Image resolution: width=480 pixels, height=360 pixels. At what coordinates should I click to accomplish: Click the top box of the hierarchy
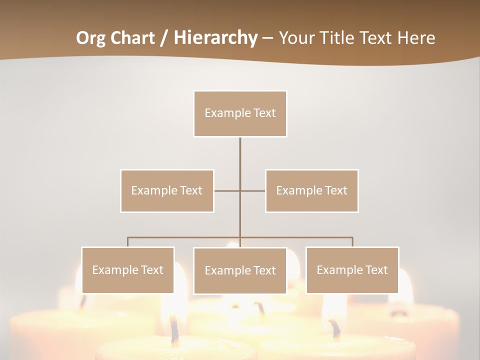(x=240, y=113)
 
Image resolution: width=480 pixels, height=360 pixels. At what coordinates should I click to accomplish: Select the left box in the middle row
(x=167, y=190)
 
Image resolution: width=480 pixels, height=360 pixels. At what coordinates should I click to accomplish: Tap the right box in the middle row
(x=311, y=190)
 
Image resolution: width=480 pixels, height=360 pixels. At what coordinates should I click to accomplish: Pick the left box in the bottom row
(x=127, y=270)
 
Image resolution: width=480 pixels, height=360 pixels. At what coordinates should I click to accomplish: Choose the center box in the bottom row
(x=240, y=270)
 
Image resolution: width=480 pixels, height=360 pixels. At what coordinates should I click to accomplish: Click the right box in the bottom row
(x=352, y=270)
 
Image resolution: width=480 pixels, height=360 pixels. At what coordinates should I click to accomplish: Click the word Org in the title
(x=90, y=38)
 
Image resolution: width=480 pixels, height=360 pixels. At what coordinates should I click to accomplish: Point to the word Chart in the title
(x=132, y=38)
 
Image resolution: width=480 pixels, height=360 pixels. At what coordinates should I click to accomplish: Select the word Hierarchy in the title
(x=215, y=38)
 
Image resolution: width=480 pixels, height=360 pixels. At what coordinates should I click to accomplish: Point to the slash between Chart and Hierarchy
(x=164, y=38)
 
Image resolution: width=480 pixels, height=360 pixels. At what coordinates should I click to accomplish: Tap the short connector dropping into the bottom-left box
(x=127, y=242)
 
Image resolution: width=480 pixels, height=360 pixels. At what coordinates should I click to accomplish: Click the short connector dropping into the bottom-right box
(x=352, y=242)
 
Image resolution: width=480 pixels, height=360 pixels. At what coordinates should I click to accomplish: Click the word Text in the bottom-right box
(x=376, y=270)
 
